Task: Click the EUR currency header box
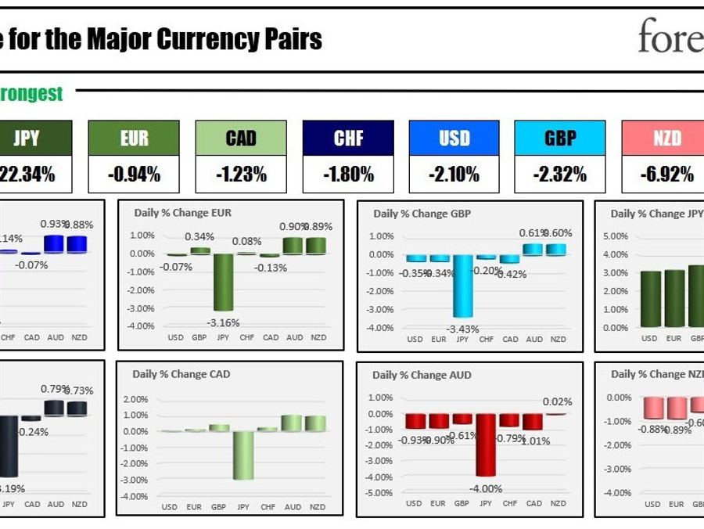134,139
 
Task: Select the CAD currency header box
241,139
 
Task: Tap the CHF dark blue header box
348,139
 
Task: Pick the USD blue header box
454,139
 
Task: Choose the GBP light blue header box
560,139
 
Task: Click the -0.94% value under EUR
134,175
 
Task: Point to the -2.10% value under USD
454,175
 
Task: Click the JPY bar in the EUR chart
224,282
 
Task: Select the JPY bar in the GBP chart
462,286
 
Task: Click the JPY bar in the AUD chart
486,444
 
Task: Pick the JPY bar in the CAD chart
242,455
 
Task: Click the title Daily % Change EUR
182,212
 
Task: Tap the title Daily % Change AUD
422,375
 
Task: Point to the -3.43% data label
462,329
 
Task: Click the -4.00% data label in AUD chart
486,489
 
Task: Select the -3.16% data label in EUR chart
224,322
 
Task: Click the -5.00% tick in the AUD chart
379,493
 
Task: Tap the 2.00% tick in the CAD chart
136,399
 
